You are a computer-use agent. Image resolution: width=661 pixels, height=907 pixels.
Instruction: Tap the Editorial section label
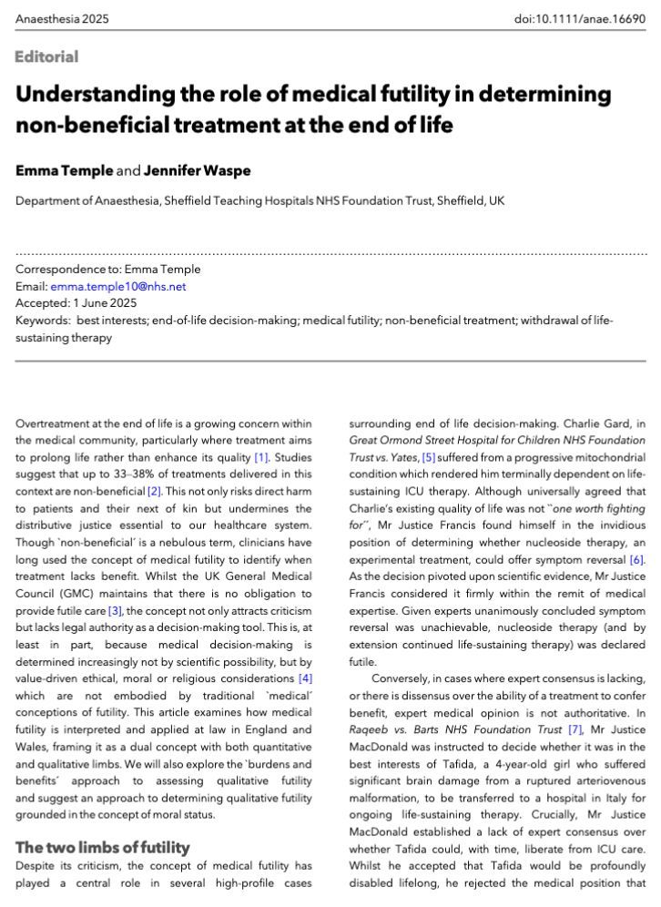[x=46, y=56]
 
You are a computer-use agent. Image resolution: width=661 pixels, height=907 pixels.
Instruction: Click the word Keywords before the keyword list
[x=42, y=320]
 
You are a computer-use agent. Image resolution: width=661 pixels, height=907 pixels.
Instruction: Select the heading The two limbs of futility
[x=103, y=847]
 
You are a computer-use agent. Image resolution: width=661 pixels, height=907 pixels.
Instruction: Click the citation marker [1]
[x=262, y=456]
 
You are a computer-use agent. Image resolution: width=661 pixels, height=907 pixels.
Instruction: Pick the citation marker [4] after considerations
[x=305, y=678]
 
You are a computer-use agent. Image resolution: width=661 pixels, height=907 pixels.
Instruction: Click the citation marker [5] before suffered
[x=428, y=456]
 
